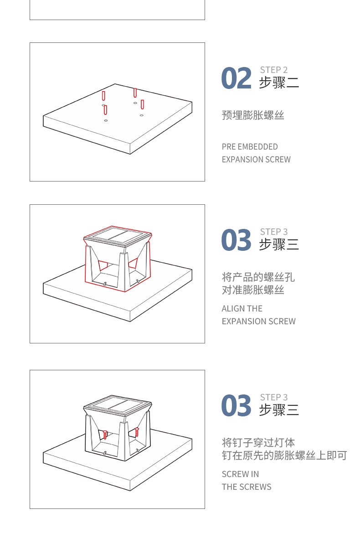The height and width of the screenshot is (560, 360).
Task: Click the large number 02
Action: [x=236, y=78]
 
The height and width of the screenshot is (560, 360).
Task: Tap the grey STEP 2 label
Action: [x=273, y=70]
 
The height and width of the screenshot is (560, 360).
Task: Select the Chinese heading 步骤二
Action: [x=279, y=83]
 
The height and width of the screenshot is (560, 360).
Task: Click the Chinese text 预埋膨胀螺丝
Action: [x=253, y=115]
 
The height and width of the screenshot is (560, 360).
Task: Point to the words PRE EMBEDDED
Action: [x=249, y=147]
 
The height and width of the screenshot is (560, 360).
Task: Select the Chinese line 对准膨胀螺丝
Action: [x=253, y=290]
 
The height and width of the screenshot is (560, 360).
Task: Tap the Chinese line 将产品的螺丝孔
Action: [x=258, y=277]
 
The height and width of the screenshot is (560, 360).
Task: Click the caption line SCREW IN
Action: [x=240, y=474]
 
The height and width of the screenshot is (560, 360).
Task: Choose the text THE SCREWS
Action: [x=246, y=487]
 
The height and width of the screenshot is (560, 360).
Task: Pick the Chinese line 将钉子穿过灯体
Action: [x=258, y=442]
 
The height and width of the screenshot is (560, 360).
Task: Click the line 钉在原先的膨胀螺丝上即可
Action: [x=284, y=456]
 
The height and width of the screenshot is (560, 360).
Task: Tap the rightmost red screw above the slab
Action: [x=143, y=104]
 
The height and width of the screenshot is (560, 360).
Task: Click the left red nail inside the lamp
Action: [x=105, y=435]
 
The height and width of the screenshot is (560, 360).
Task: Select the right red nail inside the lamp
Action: [x=137, y=432]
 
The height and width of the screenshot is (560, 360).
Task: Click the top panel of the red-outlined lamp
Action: [x=118, y=236]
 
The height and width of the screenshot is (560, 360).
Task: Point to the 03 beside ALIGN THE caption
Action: [x=236, y=240]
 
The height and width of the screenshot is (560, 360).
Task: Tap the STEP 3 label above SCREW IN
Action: [x=273, y=397]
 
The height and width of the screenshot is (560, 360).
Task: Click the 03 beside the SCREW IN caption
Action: [x=236, y=406]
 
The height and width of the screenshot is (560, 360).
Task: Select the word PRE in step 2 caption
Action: [x=228, y=147]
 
